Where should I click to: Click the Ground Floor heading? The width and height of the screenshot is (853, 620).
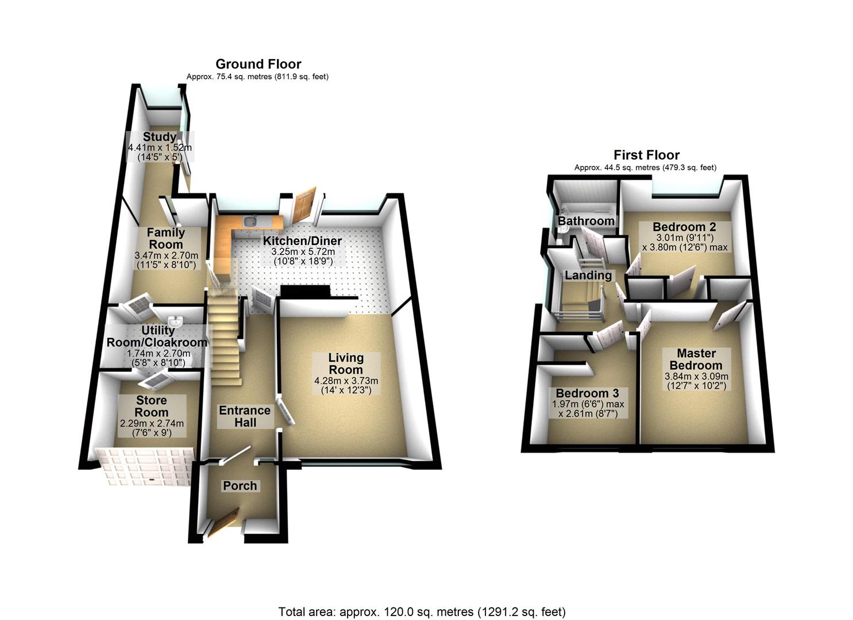[258, 64]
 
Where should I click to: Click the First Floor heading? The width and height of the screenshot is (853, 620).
[646, 155]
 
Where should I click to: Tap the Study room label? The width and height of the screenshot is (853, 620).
[159, 137]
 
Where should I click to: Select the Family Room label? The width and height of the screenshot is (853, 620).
[165, 238]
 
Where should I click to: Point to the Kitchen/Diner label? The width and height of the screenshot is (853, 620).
[302, 241]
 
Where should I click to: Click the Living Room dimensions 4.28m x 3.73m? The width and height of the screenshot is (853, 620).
[346, 381]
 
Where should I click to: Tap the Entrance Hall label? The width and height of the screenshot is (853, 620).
[245, 416]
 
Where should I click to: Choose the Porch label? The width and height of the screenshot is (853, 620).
[240, 486]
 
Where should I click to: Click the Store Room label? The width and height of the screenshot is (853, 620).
[152, 406]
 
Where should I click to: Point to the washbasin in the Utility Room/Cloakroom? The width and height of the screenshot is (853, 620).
[175, 320]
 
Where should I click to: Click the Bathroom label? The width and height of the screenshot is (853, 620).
[586, 221]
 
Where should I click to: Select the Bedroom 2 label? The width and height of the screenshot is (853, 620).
[684, 227]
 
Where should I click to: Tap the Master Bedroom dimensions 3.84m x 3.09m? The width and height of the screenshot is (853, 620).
[696, 377]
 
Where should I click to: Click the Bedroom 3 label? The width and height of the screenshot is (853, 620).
[587, 394]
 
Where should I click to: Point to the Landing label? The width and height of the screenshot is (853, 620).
[588, 276]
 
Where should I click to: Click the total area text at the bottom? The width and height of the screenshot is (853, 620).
[422, 611]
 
